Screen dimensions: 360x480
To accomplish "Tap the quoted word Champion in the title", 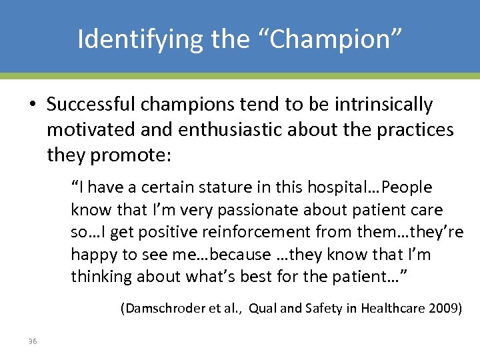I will tap(327, 39).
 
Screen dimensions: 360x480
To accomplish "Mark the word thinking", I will tap(99, 277).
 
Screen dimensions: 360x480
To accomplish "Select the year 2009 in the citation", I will tap(445, 309).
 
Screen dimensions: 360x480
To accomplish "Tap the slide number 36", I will tap(33, 342).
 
